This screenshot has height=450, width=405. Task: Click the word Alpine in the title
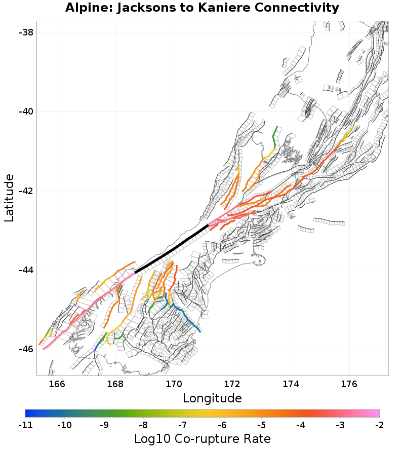[87, 8]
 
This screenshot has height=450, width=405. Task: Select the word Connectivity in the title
[299, 8]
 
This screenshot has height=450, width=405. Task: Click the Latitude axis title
[9, 198]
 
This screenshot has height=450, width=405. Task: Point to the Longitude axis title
[212, 398]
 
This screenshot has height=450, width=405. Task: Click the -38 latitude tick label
[26, 32]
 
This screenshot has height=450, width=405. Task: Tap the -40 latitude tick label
[26, 111]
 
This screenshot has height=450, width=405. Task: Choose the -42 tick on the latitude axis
[26, 191]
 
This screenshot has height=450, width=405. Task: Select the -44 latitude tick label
[26, 270]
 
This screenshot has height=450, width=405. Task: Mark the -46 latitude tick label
[26, 349]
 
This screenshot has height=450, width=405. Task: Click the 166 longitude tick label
[57, 384]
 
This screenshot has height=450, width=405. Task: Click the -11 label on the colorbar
[25, 425]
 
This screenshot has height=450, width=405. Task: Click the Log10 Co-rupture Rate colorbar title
[202, 438]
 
